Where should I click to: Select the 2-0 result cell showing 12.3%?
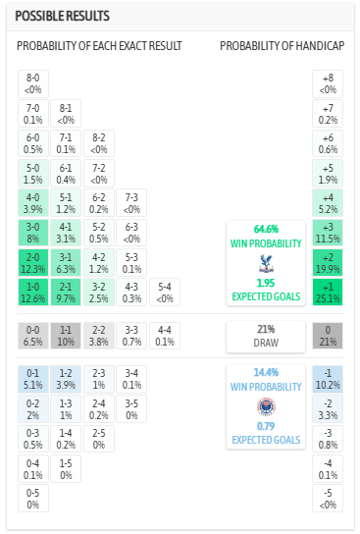tap(32, 263)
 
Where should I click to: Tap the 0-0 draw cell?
tap(32, 337)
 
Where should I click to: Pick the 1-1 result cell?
tap(66, 337)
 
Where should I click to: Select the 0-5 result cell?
tap(32, 500)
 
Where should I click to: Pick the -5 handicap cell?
tap(328, 500)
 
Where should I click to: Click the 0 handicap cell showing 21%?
tap(328, 337)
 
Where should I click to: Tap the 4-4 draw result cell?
tap(165, 337)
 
